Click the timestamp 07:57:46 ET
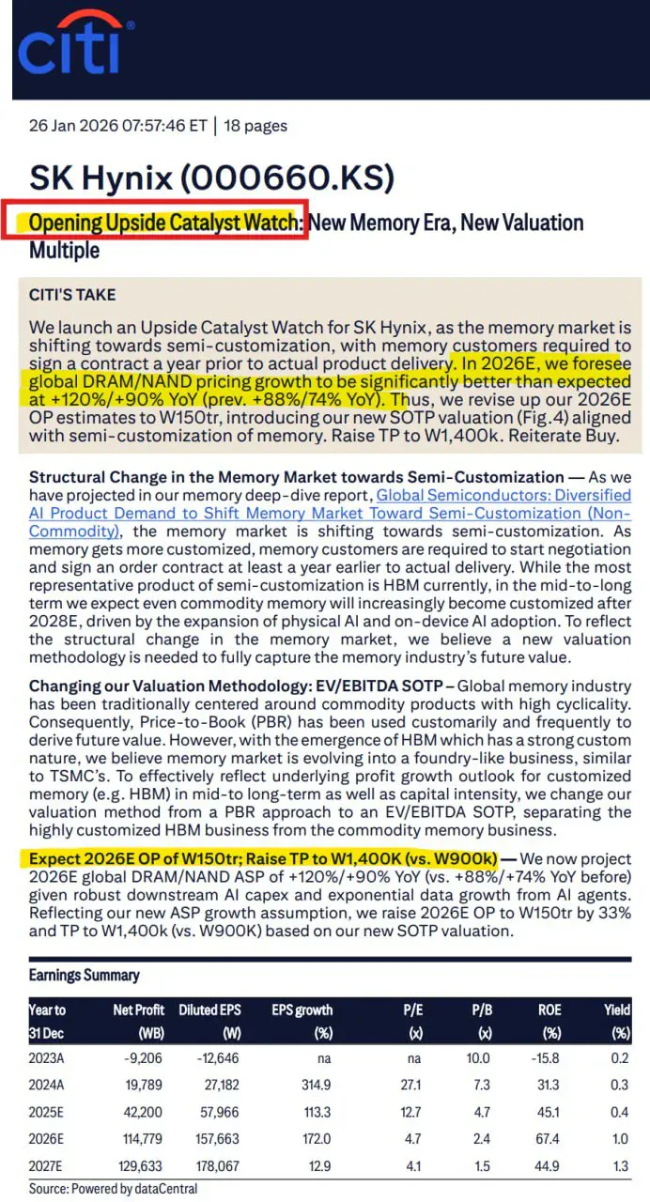pyautogui.click(x=159, y=126)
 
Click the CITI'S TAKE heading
pyautogui.click(x=72, y=295)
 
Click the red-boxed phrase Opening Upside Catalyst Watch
pyautogui.click(x=163, y=223)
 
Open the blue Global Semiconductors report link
pyautogui.click(x=503, y=504)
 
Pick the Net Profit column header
pyautogui.click(x=139, y=1010)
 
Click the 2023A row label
pyautogui.click(x=48, y=1058)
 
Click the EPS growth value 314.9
pyautogui.click(x=315, y=1085)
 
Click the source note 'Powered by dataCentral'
pyautogui.click(x=113, y=1188)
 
